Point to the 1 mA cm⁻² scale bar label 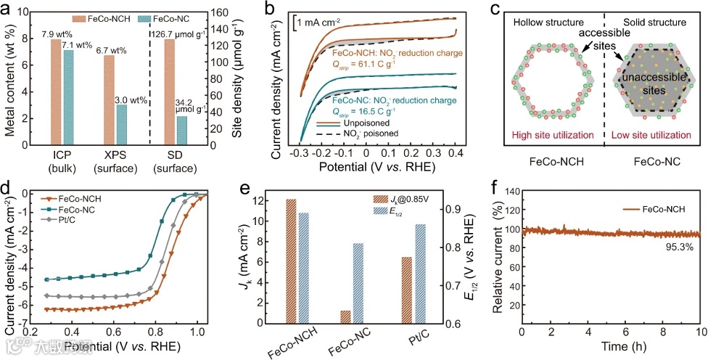326,22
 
